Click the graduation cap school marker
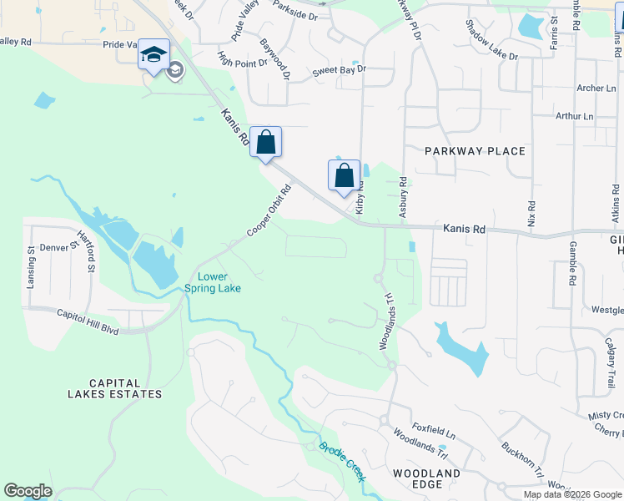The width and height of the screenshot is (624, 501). pos(153,55)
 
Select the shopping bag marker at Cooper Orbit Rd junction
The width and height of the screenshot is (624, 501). pos(265,143)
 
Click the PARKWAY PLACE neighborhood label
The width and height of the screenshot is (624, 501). pos(475,151)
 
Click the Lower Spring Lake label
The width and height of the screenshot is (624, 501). pos(219,283)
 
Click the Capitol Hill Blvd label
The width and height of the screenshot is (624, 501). pos(88,322)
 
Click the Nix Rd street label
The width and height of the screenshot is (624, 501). pos(531,216)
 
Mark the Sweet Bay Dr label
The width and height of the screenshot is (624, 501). pos(339,70)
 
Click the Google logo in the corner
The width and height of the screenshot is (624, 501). pos(28,491)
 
